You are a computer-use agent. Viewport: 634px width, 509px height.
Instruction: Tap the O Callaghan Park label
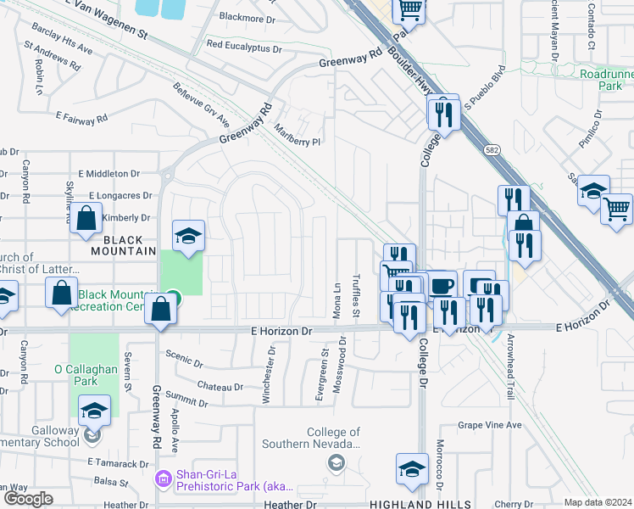(x=87, y=375)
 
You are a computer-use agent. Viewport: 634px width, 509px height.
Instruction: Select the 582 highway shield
(x=492, y=149)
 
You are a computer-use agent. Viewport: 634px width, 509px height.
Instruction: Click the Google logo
(x=28, y=499)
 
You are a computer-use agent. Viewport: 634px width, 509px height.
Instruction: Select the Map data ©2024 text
(x=598, y=502)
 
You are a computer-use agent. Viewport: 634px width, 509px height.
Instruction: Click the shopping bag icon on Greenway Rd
(x=161, y=310)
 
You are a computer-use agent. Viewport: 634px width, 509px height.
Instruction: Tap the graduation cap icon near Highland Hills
(x=412, y=469)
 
